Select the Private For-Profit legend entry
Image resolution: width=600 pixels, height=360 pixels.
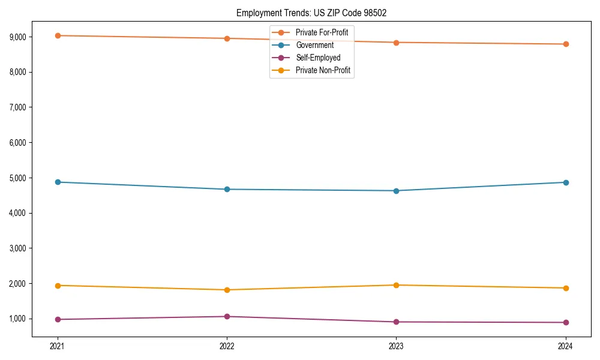click(x=322, y=32)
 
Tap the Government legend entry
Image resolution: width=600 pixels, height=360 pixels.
click(x=314, y=45)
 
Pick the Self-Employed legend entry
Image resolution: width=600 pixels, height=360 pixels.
click(x=318, y=58)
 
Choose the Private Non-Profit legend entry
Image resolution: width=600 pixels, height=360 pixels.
click(x=323, y=71)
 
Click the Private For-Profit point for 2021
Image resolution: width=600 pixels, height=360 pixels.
click(x=58, y=35)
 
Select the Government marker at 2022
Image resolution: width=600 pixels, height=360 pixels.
click(x=227, y=189)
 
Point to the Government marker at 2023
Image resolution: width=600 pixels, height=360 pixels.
click(x=396, y=191)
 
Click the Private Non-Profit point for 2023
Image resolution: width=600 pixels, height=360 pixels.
click(x=396, y=285)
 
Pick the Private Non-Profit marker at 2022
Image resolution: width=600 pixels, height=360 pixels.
click(x=227, y=290)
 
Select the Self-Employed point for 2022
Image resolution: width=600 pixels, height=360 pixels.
click(x=227, y=316)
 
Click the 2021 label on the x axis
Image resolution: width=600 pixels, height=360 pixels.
click(x=58, y=346)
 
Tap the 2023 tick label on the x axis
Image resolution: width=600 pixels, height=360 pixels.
click(x=396, y=346)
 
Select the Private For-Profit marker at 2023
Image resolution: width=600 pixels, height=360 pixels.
click(x=396, y=43)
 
